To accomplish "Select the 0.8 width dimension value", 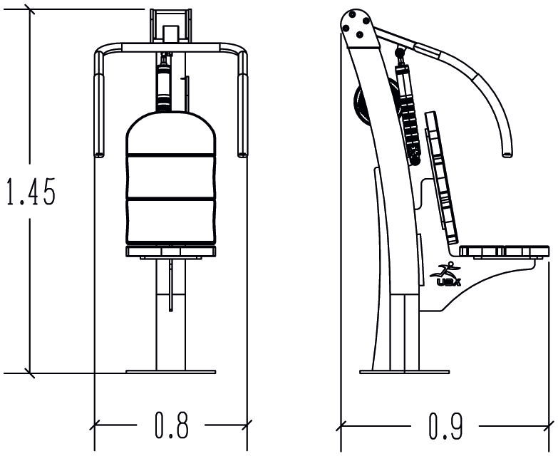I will [172, 425].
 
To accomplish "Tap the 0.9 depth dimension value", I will [445, 425].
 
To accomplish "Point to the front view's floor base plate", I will [170, 370].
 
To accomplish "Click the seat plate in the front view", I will [170, 251].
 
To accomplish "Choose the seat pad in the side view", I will [504, 251].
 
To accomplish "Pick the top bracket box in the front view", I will [171, 25].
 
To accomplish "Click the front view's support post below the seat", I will [171, 313].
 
